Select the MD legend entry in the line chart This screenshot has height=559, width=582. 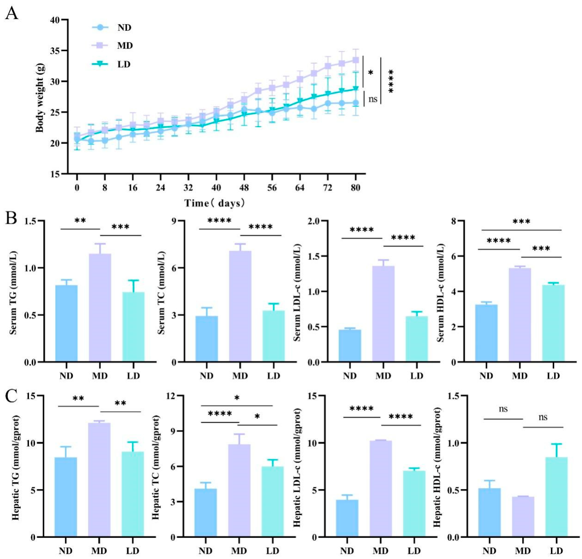125,46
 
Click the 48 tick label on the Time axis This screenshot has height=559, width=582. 244,188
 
